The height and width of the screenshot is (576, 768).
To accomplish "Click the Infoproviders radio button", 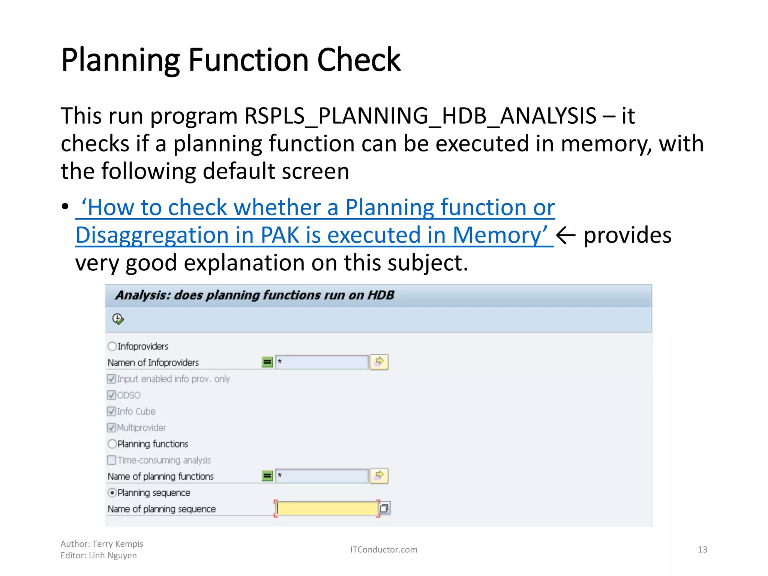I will (112, 346).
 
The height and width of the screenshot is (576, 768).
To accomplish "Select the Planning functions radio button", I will (112, 444).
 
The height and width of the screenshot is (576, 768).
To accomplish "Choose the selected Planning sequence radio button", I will (112, 493).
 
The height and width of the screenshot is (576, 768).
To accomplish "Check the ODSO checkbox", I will (111, 395).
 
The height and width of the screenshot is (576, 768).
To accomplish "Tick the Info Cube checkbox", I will (111, 411).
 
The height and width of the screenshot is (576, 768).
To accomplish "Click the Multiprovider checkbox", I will (111, 427).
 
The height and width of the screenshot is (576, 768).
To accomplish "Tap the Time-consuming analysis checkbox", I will (111, 460).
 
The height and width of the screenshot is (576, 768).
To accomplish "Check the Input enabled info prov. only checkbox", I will (111, 379).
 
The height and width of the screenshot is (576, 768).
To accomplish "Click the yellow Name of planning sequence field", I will (326, 508).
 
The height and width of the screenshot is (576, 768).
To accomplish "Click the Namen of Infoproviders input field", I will (322, 362).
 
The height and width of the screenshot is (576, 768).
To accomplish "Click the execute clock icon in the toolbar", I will (118, 319).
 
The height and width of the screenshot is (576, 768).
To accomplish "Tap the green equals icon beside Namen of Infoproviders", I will (267, 362).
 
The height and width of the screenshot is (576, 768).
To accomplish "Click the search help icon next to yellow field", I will (384, 508).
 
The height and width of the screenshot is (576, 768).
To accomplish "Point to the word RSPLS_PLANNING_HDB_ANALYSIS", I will (420, 115).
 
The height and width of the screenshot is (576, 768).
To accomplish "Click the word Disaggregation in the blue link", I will (152, 235).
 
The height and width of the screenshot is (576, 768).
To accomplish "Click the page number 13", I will (702, 550).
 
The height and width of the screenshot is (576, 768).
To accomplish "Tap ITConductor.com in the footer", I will (383, 550).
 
